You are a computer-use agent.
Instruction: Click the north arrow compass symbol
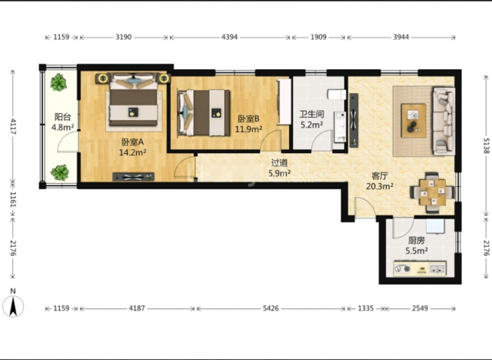[13, 305]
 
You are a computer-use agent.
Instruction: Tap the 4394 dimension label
[229, 37]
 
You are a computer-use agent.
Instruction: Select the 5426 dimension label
[271, 308]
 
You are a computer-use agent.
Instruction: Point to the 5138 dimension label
[487, 145]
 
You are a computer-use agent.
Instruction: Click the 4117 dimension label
[12, 126]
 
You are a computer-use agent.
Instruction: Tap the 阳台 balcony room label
[62, 117]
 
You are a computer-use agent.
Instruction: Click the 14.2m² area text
[132, 152]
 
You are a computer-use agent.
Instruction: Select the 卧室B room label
[248, 118]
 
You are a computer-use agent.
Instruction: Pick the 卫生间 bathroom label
[311, 114]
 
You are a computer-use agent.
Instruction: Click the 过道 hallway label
[279, 163]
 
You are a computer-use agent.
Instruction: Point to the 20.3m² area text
[380, 186]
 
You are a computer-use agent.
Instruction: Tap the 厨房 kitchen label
[417, 241]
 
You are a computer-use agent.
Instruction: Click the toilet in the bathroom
[337, 94]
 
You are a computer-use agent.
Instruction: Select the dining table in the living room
[433, 192]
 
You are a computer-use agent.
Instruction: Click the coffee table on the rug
[414, 121]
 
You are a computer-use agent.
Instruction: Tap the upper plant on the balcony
[58, 82]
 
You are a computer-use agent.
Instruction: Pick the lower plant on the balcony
[60, 172]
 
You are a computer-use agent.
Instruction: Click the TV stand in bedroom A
[133, 177]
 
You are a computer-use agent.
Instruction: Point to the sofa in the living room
[444, 121]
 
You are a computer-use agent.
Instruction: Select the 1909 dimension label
[318, 37]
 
